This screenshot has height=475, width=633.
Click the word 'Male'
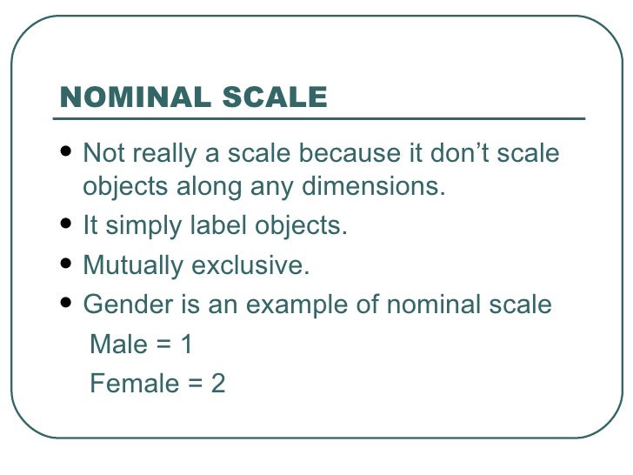click(118, 345)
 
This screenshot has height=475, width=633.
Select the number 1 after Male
click(185, 345)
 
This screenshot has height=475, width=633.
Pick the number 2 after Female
click(218, 383)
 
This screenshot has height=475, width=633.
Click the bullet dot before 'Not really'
click(68, 155)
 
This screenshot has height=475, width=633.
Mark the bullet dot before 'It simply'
click(68, 227)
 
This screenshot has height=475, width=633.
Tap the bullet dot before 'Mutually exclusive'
click(68, 265)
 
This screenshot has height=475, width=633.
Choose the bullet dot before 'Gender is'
click(68, 305)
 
